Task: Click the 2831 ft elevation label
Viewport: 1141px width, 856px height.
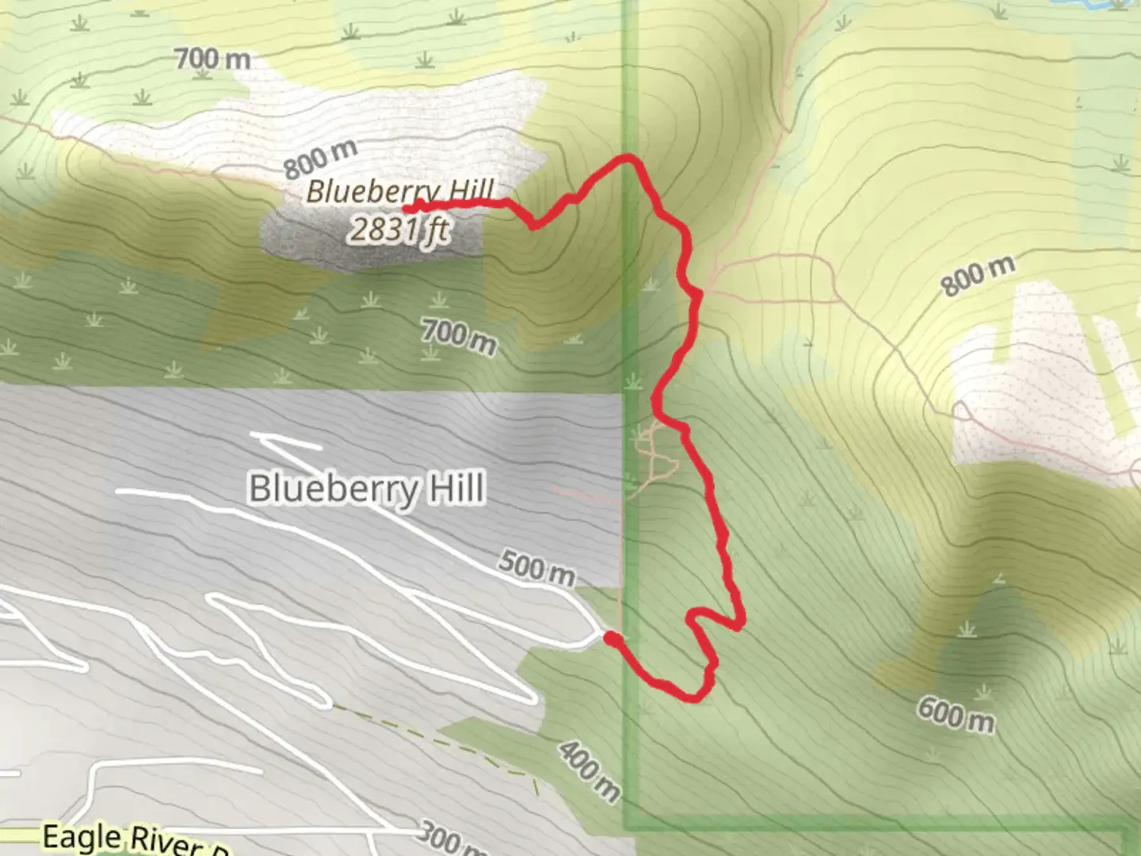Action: pyautogui.click(x=399, y=230)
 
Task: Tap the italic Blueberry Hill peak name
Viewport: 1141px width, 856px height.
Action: pyautogui.click(x=399, y=192)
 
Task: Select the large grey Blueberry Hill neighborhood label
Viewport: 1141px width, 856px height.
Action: pyautogui.click(x=366, y=488)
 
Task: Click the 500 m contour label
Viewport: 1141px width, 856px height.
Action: pyautogui.click(x=536, y=568)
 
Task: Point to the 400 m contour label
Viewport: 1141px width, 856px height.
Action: pyautogui.click(x=588, y=771)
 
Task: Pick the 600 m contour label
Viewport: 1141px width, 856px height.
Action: pyautogui.click(x=956, y=715)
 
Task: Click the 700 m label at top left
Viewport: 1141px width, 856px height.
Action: pyautogui.click(x=212, y=58)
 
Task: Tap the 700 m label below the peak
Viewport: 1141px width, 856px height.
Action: pyautogui.click(x=459, y=336)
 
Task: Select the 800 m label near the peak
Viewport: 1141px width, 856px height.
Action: pyautogui.click(x=320, y=159)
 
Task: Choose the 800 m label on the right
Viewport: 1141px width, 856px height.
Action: pyautogui.click(x=978, y=276)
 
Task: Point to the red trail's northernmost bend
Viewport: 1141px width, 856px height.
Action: pyautogui.click(x=629, y=159)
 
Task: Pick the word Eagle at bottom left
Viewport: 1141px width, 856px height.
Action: pyautogui.click(x=81, y=837)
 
